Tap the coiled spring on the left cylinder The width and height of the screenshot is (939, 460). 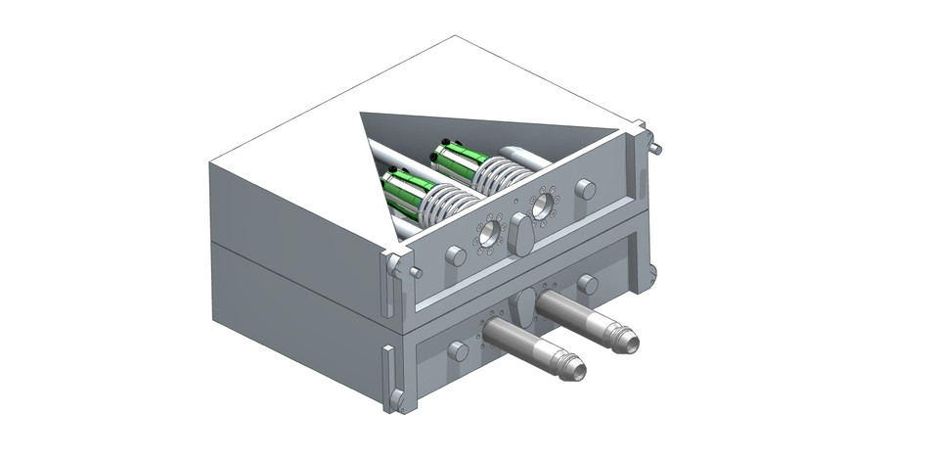pos(451,204)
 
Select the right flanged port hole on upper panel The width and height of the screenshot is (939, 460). pos(541,205)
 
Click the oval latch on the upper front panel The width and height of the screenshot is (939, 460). pos(520,236)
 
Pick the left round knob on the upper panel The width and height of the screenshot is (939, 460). pos(456,256)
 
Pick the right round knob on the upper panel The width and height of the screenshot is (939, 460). pos(585,189)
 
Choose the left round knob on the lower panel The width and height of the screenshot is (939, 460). pos(458,350)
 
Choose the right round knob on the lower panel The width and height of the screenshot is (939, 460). pos(587,284)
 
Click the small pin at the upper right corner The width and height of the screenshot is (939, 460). pos(656,149)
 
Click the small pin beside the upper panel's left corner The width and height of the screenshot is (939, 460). pos(417,273)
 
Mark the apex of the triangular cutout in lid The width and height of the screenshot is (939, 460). pos(362,115)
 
